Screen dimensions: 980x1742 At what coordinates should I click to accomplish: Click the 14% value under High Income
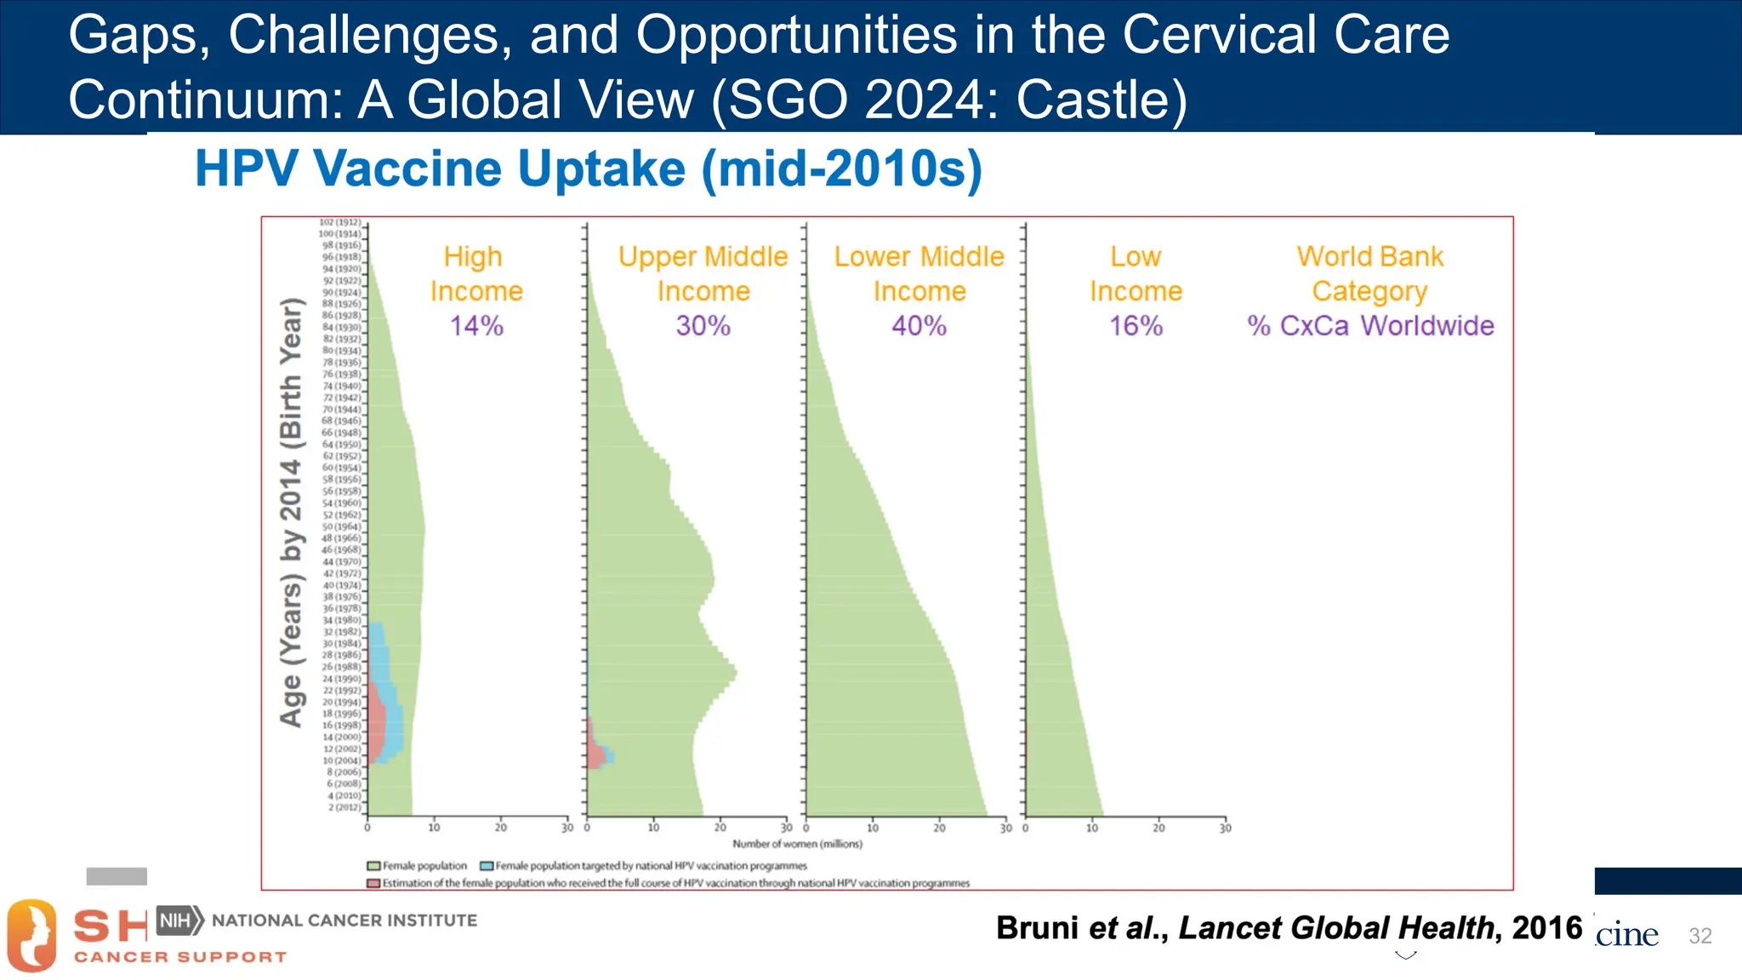476,326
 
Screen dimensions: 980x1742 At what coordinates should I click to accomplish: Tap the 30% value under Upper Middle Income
703,326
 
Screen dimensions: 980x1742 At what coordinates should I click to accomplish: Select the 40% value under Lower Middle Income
919,326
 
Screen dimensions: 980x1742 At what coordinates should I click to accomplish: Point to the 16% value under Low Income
1136,326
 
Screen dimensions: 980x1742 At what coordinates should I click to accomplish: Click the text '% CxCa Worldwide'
1370,326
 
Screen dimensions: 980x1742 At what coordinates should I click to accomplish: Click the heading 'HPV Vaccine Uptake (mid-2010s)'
589,168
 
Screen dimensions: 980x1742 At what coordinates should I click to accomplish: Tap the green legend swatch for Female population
373,866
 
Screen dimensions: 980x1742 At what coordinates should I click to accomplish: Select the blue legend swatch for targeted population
487,866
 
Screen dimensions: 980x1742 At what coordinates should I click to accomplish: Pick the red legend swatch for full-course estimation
373,884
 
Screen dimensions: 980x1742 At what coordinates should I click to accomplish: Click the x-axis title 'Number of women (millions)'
797,844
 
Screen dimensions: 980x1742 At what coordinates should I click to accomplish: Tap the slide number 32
1699,936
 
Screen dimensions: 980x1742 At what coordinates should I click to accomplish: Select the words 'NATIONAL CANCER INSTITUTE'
344,920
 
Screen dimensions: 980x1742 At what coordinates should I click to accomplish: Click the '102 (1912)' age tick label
339,222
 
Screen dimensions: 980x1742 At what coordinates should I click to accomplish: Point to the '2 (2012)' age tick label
344,807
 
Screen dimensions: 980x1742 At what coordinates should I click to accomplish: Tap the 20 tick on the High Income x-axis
500,828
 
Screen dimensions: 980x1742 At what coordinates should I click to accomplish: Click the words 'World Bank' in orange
1369,256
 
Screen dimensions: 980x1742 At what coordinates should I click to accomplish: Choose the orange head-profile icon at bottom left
31,936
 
